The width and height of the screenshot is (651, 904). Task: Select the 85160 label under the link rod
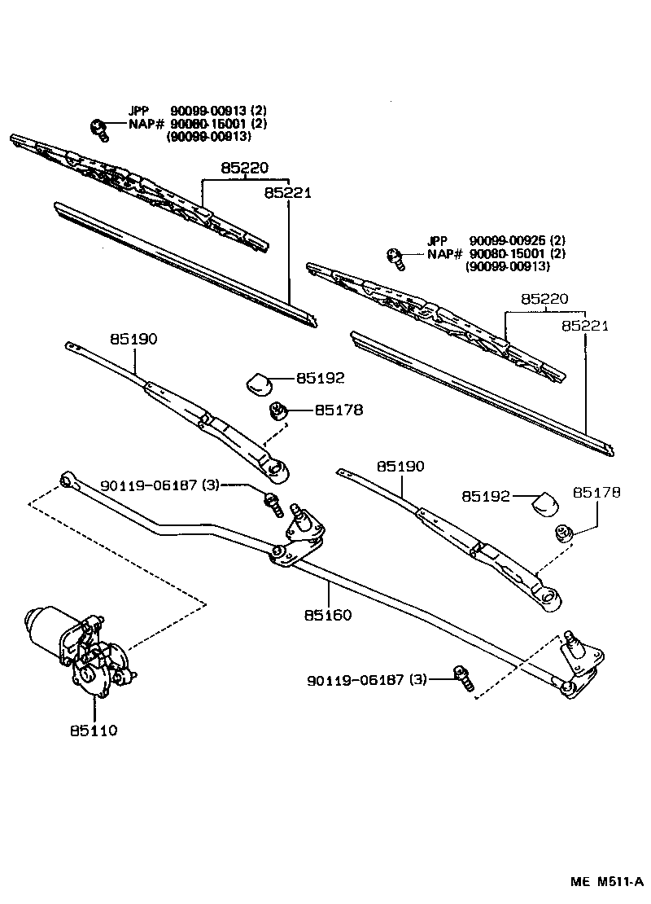point(329,615)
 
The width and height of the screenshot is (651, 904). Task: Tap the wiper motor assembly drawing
point(81,647)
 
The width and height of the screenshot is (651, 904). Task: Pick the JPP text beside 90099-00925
point(437,240)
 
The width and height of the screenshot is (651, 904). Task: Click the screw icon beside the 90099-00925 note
point(396,257)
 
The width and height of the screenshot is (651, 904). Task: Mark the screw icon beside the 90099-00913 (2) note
point(98,128)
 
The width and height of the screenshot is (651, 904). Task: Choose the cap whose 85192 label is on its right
point(260,381)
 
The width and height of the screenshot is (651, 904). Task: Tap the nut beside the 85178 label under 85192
point(279,411)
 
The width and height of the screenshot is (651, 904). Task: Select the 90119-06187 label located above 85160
point(159,485)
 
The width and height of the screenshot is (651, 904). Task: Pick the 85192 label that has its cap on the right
point(485,495)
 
